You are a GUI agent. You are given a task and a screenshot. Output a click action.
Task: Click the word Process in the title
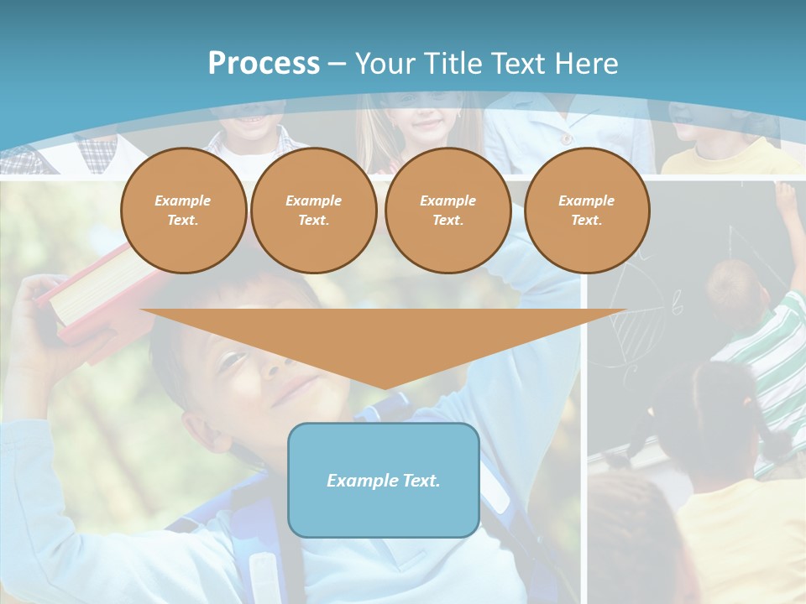point(264,64)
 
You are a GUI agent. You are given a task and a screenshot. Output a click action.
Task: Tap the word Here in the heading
point(585,64)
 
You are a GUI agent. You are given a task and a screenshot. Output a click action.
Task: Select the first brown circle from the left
point(184,211)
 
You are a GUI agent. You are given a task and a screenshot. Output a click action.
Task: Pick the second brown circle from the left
point(314,211)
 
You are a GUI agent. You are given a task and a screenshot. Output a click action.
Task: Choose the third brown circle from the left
point(448,211)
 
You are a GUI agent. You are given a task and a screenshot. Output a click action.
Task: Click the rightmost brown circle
point(587,211)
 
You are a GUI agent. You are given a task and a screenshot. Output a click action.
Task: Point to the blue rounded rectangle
point(384,480)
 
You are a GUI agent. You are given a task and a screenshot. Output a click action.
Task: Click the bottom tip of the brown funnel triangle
point(385,387)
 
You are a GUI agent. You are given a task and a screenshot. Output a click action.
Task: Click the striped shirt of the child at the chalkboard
point(768,336)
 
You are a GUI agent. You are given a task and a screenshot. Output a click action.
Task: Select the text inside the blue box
point(384,481)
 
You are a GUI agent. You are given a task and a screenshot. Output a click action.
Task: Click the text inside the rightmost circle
point(587,211)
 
